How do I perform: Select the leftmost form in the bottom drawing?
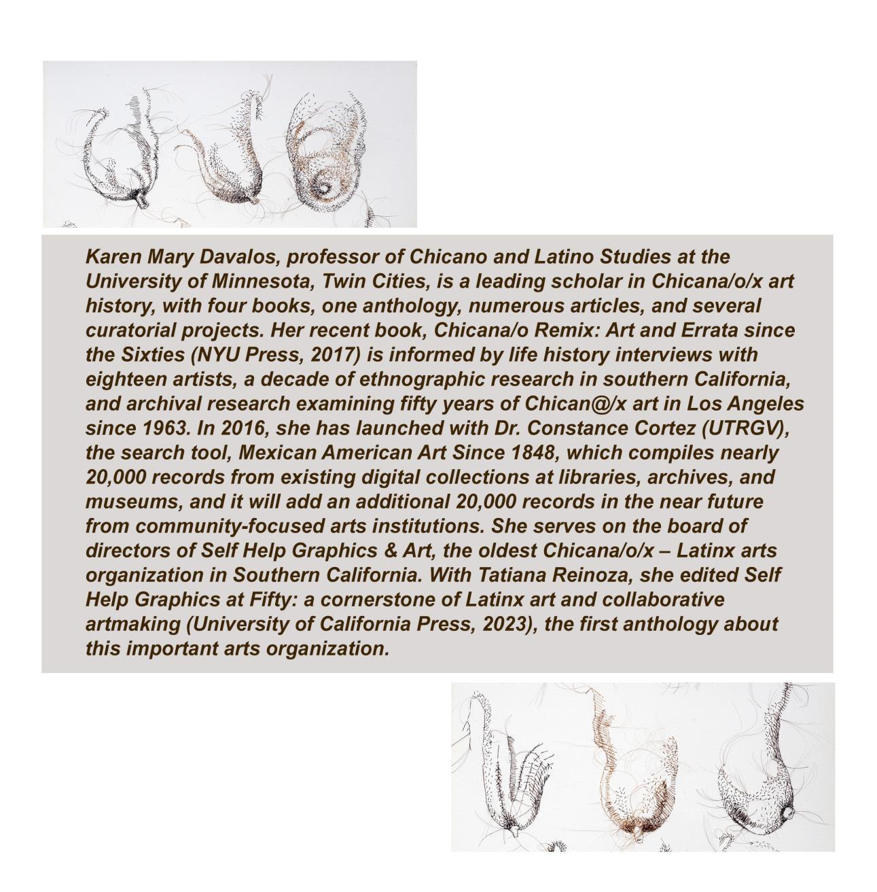(x=509, y=768)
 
